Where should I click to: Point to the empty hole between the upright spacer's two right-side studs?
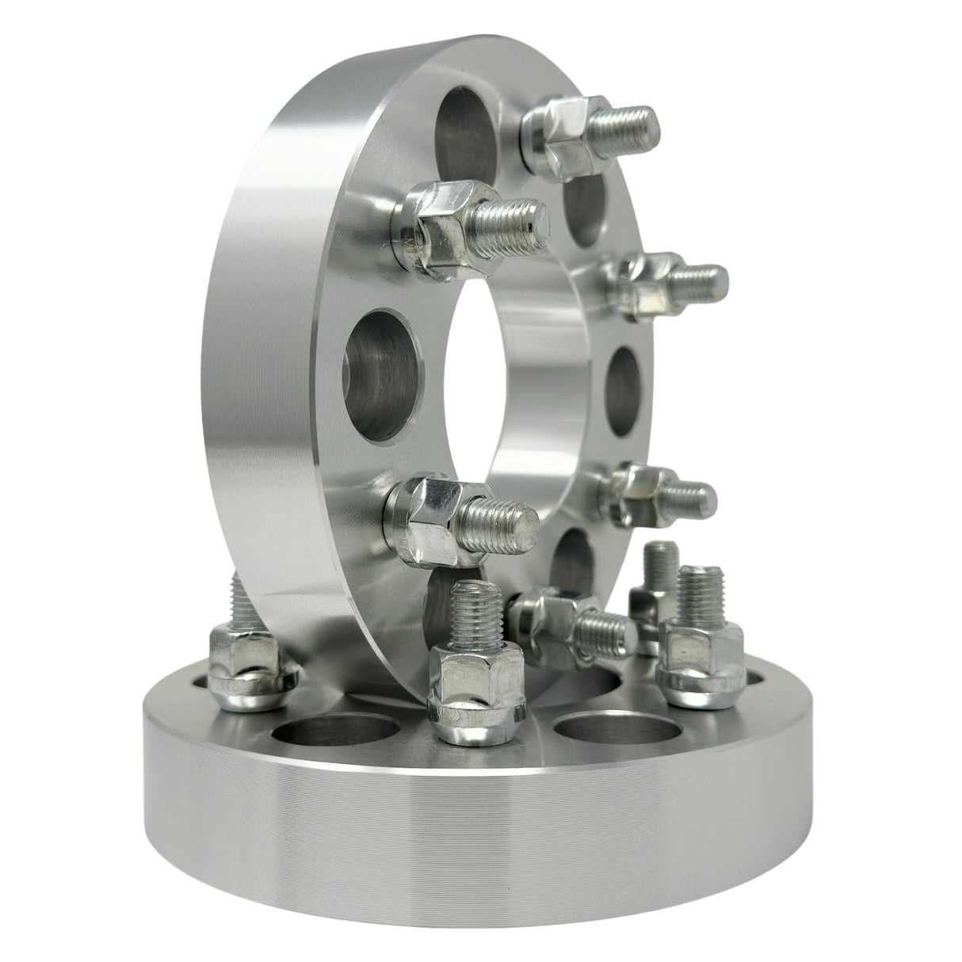click(x=626, y=388)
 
